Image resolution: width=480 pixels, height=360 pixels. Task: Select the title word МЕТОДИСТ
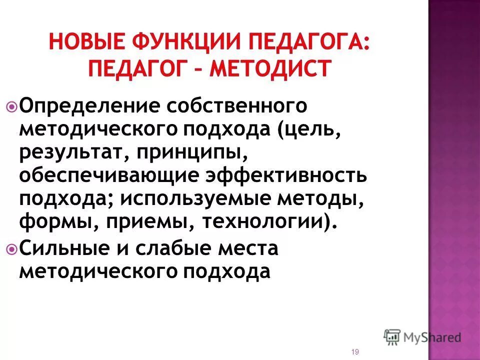coord(270,67)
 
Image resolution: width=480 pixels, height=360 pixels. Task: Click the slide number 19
coord(355,352)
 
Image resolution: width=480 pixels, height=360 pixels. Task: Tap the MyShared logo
coord(422,337)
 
